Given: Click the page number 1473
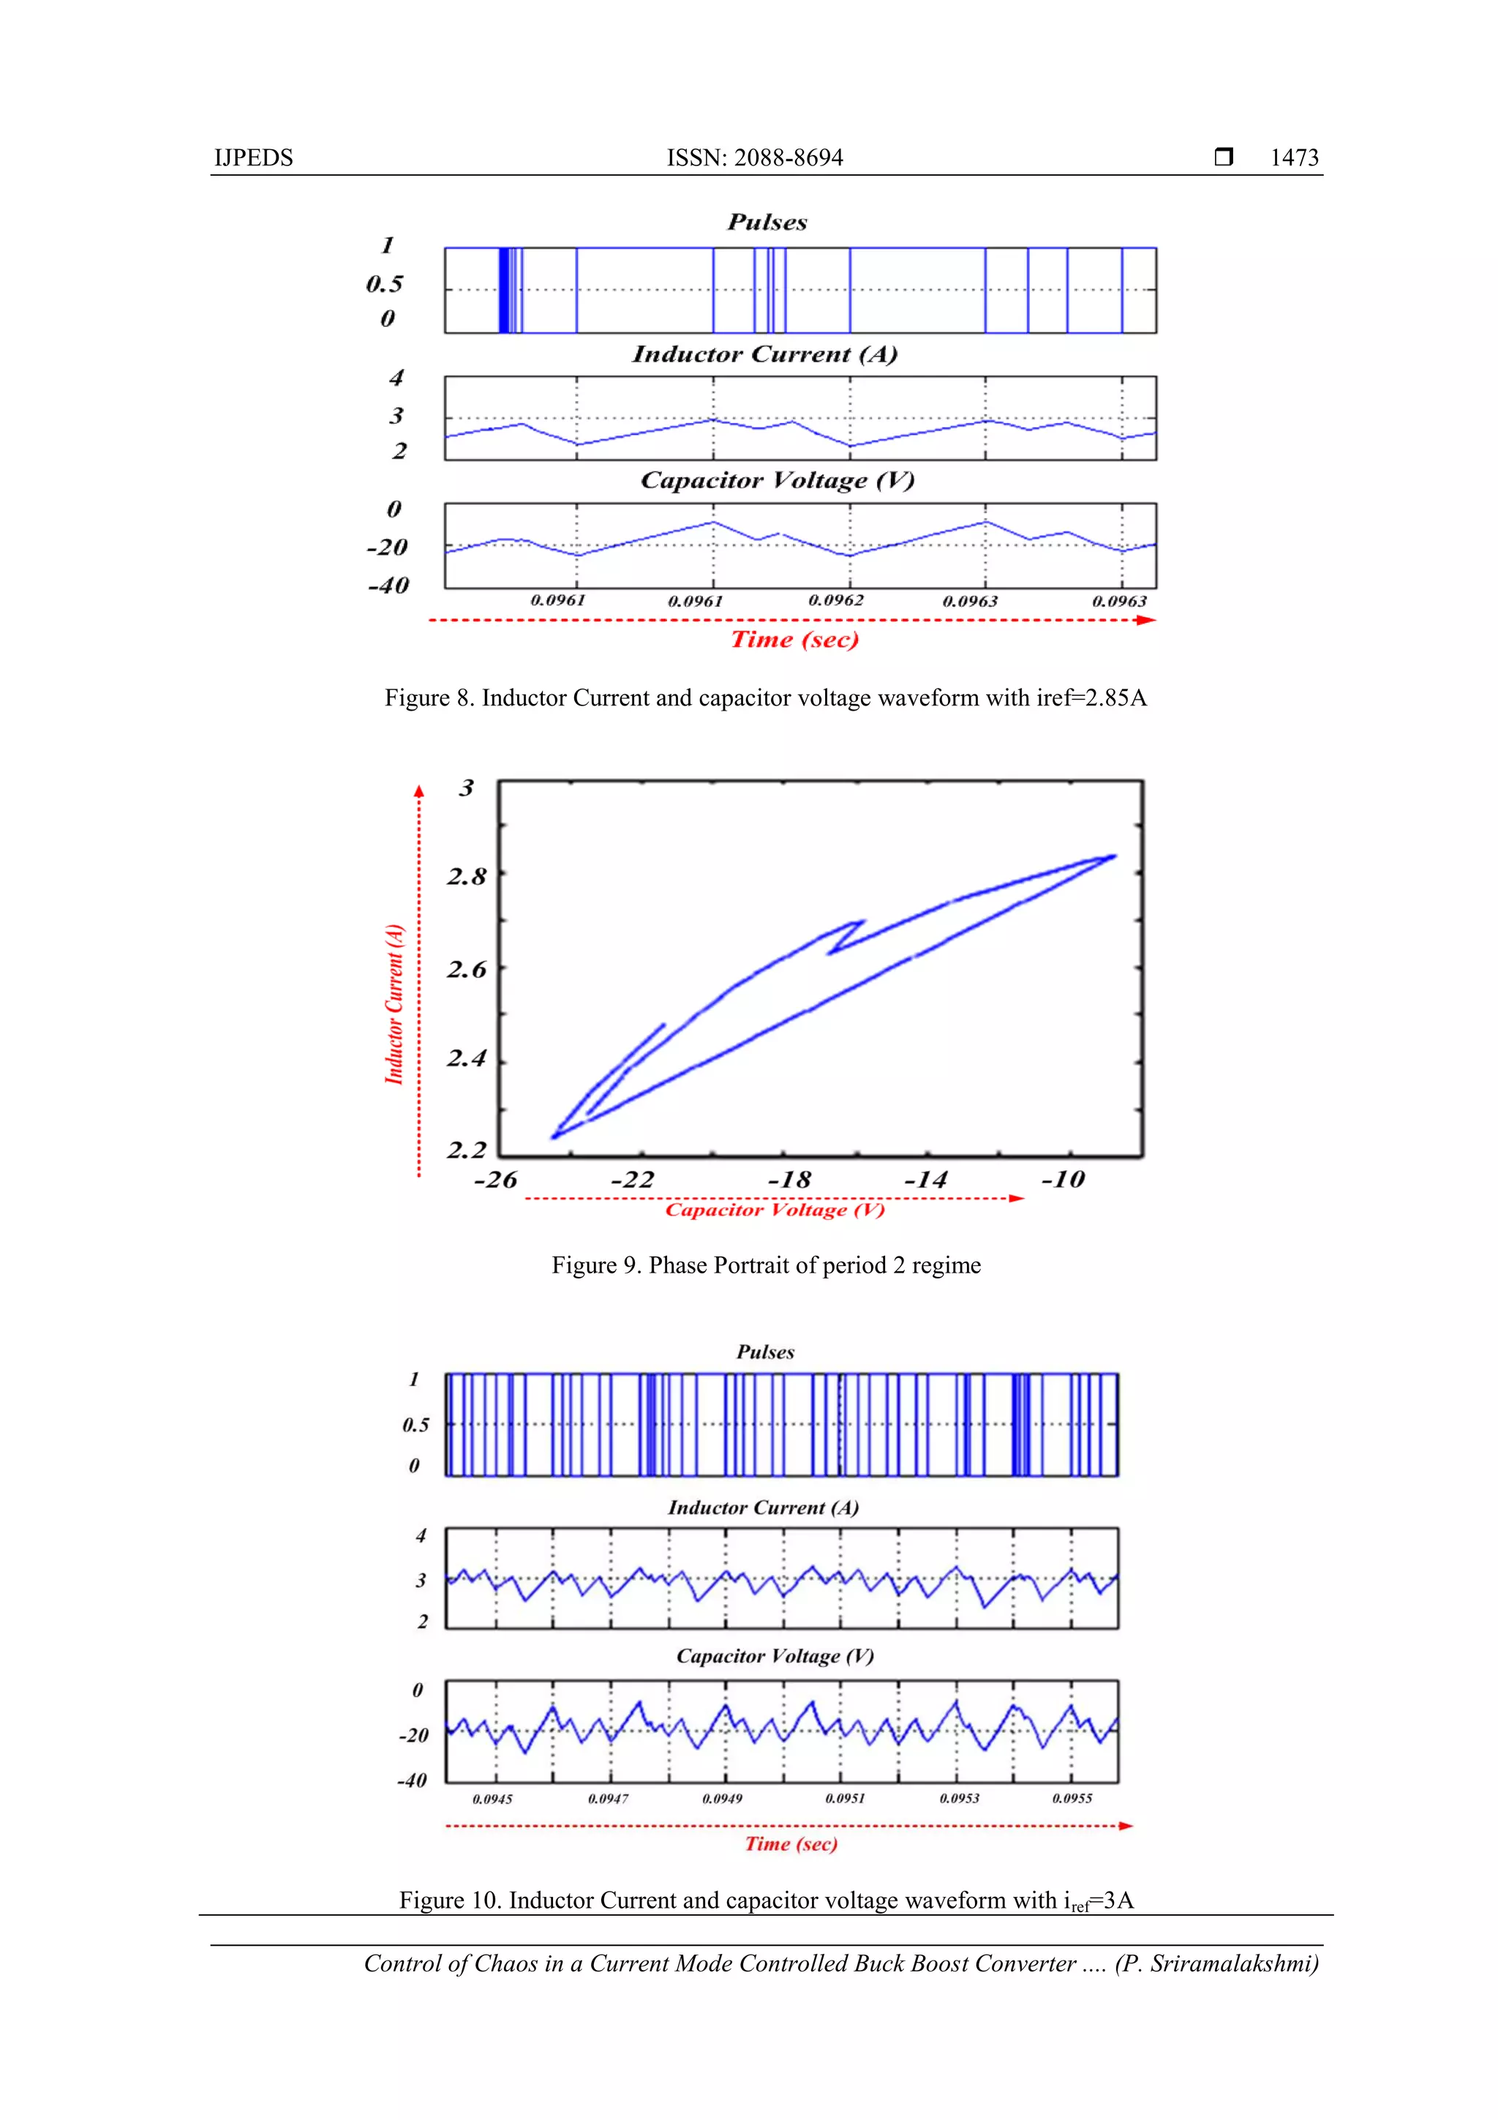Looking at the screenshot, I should (x=1294, y=158).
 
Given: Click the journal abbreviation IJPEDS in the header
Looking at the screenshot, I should (x=253, y=158).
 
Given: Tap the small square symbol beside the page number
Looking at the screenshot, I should (x=1224, y=157).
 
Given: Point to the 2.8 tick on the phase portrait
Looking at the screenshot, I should (x=466, y=876).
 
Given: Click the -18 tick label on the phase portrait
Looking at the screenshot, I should (x=789, y=1180).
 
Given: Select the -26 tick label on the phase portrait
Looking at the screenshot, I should (x=496, y=1180).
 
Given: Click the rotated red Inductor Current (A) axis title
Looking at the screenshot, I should (x=395, y=1004).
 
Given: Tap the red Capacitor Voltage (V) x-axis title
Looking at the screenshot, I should (x=775, y=1210).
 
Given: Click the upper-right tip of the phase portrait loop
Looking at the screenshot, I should (x=1115, y=857).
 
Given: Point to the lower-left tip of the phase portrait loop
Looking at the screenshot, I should (x=553, y=1136).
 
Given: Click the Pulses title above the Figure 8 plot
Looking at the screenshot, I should (x=767, y=222).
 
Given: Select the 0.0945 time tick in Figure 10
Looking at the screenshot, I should (x=492, y=1799).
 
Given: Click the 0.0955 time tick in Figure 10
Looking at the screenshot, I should (x=1072, y=1798).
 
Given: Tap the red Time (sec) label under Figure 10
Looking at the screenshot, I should (x=791, y=1844).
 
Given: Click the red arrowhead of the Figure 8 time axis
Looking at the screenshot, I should (x=1146, y=621).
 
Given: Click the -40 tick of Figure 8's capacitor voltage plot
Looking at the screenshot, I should (x=388, y=585).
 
